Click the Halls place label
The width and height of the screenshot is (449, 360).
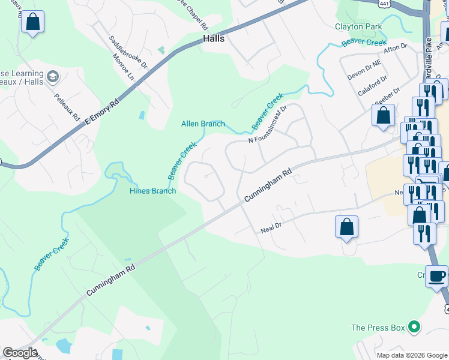tap(214, 38)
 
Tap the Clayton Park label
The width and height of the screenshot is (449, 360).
tap(359, 27)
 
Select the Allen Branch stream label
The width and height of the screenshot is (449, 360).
tap(203, 124)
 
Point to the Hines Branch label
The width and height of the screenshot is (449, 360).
tap(153, 191)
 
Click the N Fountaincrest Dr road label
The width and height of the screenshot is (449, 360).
tap(268, 125)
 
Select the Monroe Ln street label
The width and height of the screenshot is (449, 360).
tap(124, 66)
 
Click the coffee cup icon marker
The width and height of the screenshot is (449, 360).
tap(437, 277)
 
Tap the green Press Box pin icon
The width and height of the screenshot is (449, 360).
tap(414, 328)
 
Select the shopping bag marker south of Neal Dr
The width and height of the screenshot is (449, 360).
tap(346, 227)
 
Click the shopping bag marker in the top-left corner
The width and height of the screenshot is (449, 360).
tap(32, 23)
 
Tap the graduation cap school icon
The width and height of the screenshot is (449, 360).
tap(53, 76)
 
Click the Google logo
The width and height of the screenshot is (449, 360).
tap(20, 353)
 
